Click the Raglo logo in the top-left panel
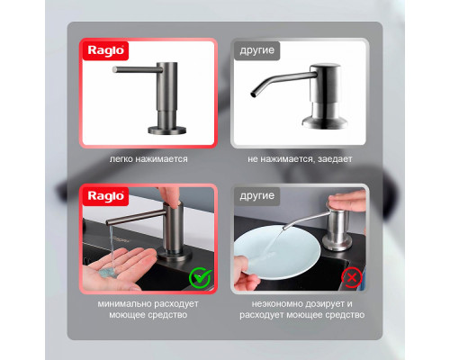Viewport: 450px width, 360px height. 105,50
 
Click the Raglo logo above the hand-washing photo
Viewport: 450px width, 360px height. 105,196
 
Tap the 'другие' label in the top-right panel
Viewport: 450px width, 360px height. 256,50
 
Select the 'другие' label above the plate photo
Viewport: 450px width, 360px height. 256,196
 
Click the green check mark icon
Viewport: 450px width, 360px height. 200,278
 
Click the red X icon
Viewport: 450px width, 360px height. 351,278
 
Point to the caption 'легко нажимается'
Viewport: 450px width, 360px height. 148,159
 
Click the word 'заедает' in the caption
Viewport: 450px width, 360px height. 335,159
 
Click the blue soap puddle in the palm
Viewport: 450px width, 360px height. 107,273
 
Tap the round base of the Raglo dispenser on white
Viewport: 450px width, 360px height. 167,130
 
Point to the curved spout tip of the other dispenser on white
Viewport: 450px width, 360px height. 253,94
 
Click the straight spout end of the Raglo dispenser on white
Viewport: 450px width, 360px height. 114,69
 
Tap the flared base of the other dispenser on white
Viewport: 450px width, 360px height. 324,122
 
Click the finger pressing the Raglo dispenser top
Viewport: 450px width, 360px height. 168,196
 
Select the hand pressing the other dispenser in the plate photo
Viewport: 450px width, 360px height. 347,201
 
